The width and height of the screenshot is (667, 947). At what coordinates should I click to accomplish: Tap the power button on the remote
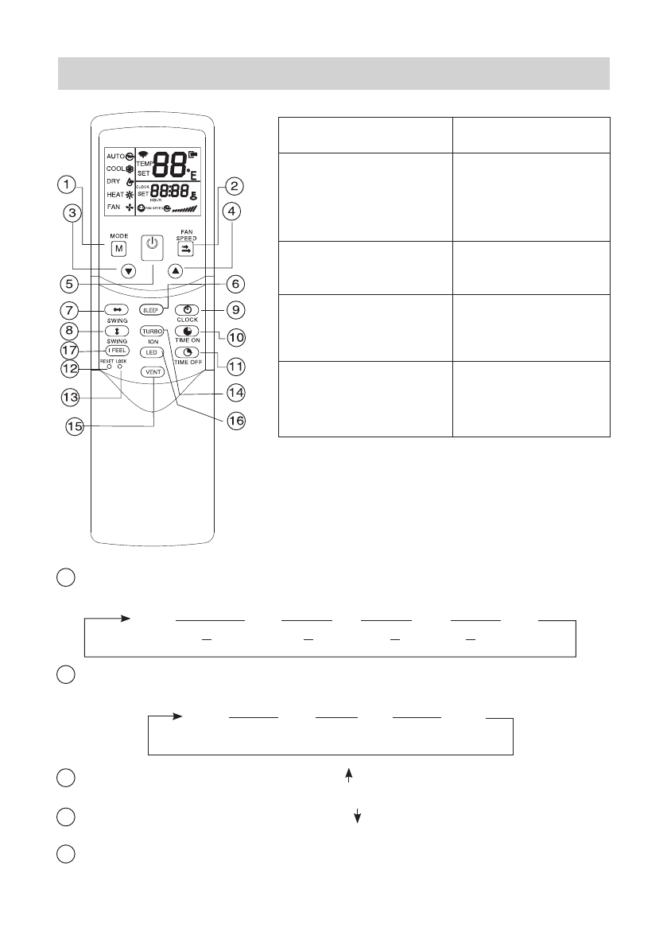point(153,246)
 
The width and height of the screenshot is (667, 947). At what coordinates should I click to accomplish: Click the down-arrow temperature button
point(129,271)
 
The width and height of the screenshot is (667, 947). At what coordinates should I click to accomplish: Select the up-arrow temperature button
point(176,271)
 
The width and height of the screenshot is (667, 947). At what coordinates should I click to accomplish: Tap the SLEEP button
point(151,309)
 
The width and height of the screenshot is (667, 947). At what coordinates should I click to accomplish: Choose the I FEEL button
point(116,351)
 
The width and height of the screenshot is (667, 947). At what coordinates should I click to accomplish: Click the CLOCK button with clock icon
point(187,309)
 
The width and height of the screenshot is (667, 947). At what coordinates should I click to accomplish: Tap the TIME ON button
point(187,330)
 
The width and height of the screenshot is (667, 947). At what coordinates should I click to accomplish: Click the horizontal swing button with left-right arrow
point(116,309)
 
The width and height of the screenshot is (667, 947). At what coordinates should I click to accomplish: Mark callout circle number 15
point(75,425)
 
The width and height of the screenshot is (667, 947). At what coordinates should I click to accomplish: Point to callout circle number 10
point(237,337)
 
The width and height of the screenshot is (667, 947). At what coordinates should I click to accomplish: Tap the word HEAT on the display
point(114,194)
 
